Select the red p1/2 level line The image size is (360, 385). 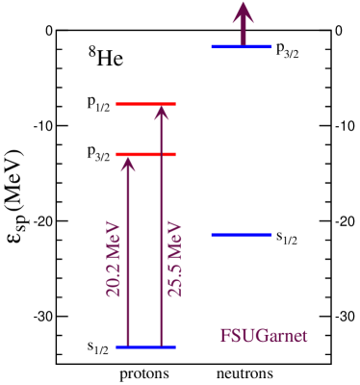[145, 103]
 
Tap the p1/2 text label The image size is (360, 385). [98, 104]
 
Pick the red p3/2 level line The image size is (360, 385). [145, 154]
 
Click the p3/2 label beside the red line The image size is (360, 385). [98, 155]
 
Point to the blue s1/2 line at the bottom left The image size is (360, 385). [145, 346]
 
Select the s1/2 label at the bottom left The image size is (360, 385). [98, 347]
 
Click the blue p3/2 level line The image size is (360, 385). [242, 46]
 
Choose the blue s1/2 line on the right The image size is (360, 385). [242, 234]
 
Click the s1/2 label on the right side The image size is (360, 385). [286, 236]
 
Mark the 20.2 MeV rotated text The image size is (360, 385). [114, 259]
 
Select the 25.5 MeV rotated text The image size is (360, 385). [175, 259]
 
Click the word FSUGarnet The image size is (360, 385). [264, 337]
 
